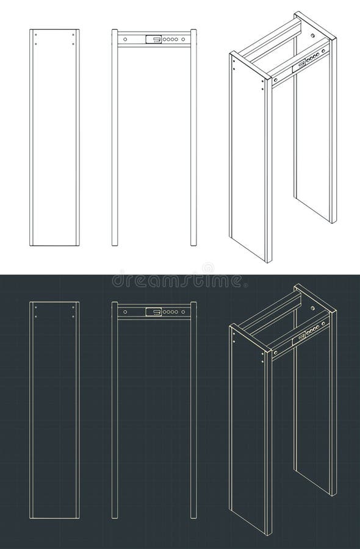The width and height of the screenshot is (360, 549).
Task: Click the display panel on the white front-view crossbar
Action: coord(154,40)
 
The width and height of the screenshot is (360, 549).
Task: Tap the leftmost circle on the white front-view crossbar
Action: coord(125,40)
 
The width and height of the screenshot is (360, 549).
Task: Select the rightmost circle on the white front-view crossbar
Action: coord(183,40)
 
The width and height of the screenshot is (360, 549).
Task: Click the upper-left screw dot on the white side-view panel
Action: coord(36,35)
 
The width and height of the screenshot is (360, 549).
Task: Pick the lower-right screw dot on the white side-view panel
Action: coord(73,43)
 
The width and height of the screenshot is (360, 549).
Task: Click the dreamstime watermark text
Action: coord(177,281)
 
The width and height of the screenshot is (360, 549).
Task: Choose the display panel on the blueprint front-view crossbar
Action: coord(154,312)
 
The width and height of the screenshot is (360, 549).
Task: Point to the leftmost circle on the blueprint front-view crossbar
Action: coord(125,312)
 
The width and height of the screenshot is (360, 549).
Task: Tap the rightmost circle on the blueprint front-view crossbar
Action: coord(183,312)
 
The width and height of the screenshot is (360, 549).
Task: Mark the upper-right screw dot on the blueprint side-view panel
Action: coord(73,307)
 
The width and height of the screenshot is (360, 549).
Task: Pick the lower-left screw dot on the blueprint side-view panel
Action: coord(36,316)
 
